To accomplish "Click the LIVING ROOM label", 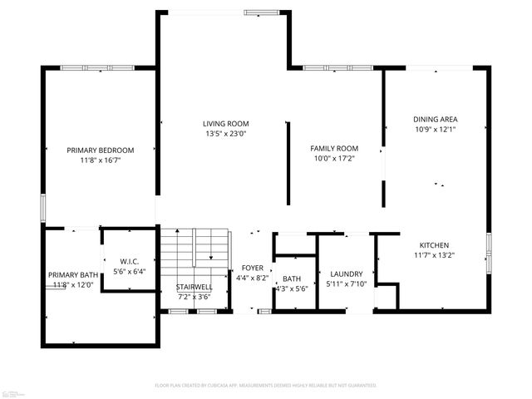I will tap(226, 123).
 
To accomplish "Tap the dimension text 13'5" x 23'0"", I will tap(226, 133).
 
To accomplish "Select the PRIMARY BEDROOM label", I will tap(101, 150).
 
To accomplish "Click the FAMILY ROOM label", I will tap(335, 148).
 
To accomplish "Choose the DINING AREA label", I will tap(436, 119).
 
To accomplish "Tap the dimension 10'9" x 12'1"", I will tap(436, 129).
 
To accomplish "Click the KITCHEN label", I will tap(434, 245).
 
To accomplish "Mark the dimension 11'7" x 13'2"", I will tap(434, 255).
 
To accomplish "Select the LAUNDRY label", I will tap(345, 273).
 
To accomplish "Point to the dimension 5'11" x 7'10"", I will tap(345, 283).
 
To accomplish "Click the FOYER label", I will tap(253, 268).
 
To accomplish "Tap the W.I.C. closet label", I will tap(128, 261).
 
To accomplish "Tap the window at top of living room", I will tap(262, 12).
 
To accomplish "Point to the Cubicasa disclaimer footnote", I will tap(266, 386).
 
